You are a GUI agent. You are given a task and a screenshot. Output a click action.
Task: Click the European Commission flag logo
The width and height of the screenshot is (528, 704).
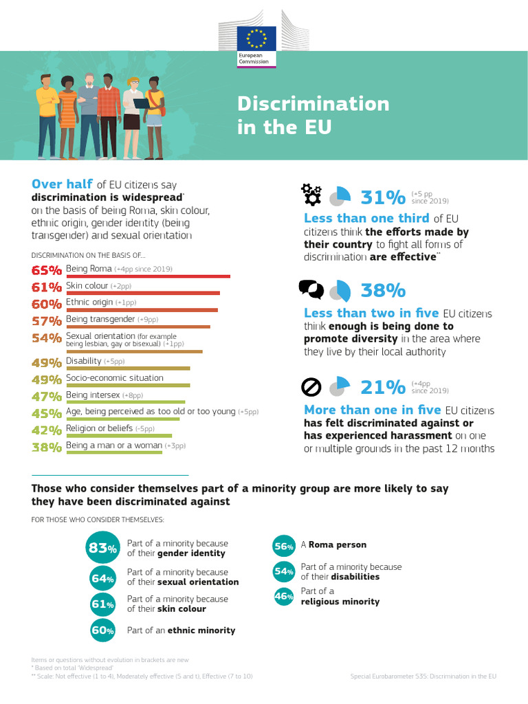tap(256, 38)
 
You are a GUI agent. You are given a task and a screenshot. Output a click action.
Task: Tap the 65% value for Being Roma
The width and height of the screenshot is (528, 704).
tap(47, 269)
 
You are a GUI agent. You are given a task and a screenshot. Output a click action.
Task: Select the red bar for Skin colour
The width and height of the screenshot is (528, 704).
tap(143, 293)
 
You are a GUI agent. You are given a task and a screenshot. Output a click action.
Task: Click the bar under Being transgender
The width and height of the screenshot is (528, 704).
tap(138, 327)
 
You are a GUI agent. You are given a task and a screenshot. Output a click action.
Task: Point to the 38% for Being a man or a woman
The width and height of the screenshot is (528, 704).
tap(47, 447)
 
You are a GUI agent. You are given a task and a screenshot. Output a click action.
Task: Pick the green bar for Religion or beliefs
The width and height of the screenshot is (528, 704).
tap(119, 435)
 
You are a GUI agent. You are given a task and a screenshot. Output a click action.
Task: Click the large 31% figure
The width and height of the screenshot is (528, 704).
tap(383, 197)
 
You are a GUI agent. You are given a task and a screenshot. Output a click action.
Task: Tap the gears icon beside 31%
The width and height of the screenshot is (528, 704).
tap(311, 195)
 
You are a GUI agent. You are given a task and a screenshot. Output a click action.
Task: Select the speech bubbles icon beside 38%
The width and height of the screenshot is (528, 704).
tap(311, 289)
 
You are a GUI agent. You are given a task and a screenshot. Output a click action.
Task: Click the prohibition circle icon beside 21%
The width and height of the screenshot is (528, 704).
tap(311, 388)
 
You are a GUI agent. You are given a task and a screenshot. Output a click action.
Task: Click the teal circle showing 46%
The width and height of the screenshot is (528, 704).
tap(284, 597)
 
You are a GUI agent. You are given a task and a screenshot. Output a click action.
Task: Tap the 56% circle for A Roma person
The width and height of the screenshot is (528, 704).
tap(284, 546)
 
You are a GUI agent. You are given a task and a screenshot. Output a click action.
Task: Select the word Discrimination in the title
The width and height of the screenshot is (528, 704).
tap(313, 104)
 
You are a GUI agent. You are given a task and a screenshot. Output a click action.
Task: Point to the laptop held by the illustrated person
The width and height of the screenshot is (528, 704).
tap(141, 103)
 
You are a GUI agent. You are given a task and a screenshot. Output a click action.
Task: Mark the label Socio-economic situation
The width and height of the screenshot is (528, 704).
tap(114, 377)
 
